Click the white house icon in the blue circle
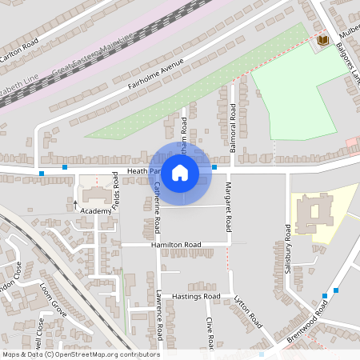180,172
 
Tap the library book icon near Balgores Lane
323,40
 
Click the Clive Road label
210,333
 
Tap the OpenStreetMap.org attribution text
104,354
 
